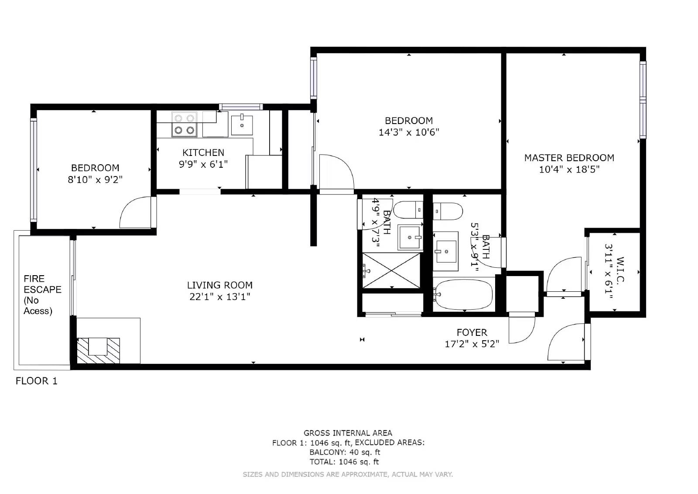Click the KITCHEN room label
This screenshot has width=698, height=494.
[x=203, y=152]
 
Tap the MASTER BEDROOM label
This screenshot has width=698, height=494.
[x=569, y=158]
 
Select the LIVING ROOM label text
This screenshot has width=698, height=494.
[x=220, y=285]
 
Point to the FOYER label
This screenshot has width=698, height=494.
[x=472, y=332]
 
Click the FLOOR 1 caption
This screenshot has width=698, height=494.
[x=37, y=381]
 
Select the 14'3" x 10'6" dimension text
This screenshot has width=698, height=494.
[x=409, y=132]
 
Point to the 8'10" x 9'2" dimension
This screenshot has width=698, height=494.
[x=95, y=180]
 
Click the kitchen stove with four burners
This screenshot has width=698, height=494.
[x=184, y=124]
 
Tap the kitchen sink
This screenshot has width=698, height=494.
[x=242, y=124]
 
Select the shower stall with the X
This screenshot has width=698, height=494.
[x=391, y=270]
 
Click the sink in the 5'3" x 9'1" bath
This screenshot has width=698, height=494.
[x=445, y=252]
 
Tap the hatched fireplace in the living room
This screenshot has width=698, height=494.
[x=98, y=350]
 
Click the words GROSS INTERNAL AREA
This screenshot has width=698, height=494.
[x=348, y=433]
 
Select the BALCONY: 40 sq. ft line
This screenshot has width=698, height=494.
[x=345, y=452]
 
